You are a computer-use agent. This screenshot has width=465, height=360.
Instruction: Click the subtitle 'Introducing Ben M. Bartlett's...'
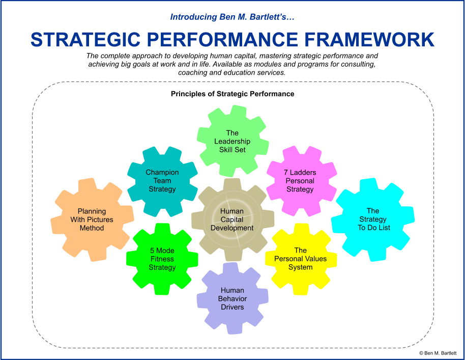232,17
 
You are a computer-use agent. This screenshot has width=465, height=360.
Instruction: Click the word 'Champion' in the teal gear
162,173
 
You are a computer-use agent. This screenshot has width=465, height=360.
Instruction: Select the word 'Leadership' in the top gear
232,142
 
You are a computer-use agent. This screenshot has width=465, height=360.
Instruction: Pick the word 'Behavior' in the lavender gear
232,299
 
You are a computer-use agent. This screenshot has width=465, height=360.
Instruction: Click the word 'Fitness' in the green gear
162,259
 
